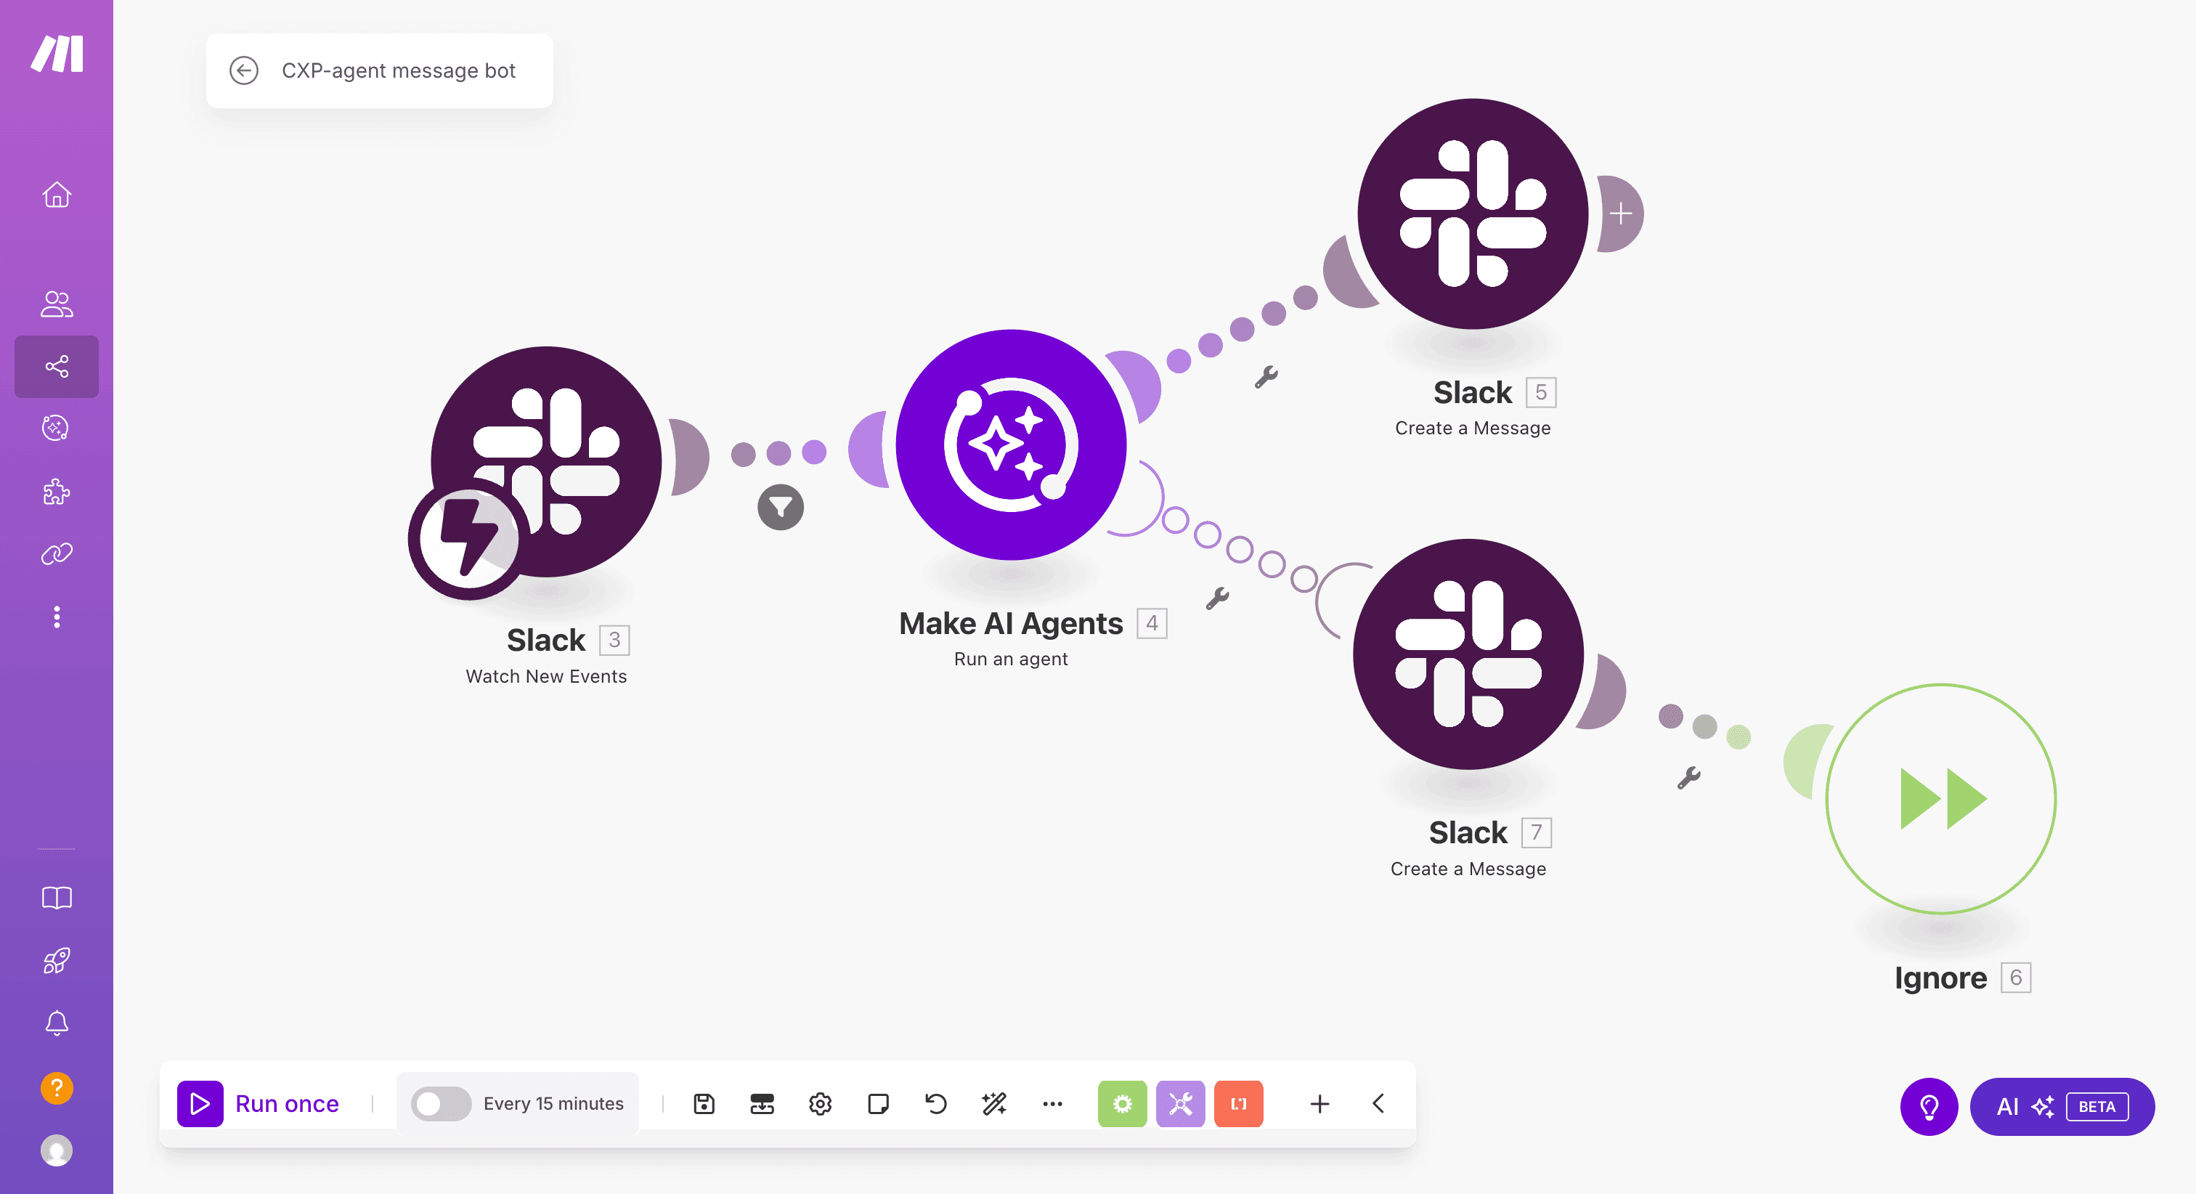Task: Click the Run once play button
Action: (x=200, y=1104)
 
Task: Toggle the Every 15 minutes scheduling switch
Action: (x=441, y=1104)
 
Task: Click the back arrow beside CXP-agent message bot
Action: (x=244, y=70)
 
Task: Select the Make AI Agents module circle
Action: (x=1011, y=444)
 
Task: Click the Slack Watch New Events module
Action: (x=546, y=461)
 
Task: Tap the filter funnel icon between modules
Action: (x=780, y=508)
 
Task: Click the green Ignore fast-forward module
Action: (x=1941, y=799)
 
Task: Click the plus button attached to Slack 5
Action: (x=1621, y=214)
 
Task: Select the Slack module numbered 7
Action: (x=1468, y=654)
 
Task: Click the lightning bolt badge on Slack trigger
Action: (x=467, y=538)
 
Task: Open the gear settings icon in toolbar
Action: (x=820, y=1104)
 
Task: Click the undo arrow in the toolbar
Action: (x=936, y=1104)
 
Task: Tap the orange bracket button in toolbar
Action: (x=1239, y=1104)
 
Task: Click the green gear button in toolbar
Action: (x=1123, y=1104)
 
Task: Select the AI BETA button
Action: (x=2062, y=1106)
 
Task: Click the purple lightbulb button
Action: (x=1929, y=1106)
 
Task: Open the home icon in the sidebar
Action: (x=57, y=195)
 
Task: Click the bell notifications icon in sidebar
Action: (x=57, y=1023)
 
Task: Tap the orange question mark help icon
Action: (x=57, y=1087)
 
